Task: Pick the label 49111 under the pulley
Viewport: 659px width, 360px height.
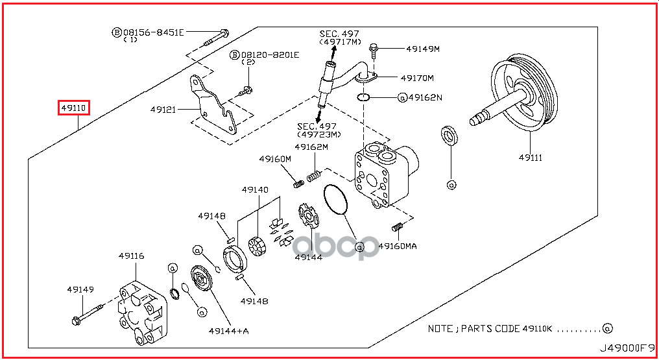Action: click(530, 158)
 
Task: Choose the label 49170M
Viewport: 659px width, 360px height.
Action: click(417, 78)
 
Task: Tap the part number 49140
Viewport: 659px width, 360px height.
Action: click(255, 190)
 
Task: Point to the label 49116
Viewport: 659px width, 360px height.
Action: click(131, 256)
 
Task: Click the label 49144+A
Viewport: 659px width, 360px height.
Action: click(228, 331)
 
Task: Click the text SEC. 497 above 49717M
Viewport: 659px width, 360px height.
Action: click(339, 33)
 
